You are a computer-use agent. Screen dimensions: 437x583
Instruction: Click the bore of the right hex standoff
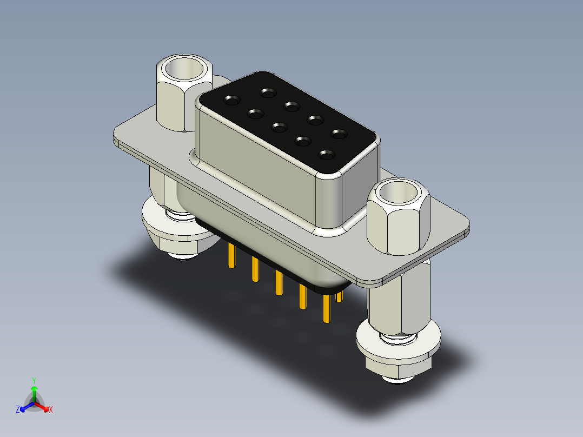click(x=399, y=192)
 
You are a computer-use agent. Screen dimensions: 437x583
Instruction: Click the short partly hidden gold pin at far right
click(x=339, y=296)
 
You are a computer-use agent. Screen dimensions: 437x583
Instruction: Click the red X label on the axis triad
click(x=51, y=409)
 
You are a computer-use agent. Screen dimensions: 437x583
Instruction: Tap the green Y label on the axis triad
click(x=34, y=380)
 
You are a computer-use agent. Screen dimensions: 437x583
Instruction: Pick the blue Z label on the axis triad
click(x=18, y=409)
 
